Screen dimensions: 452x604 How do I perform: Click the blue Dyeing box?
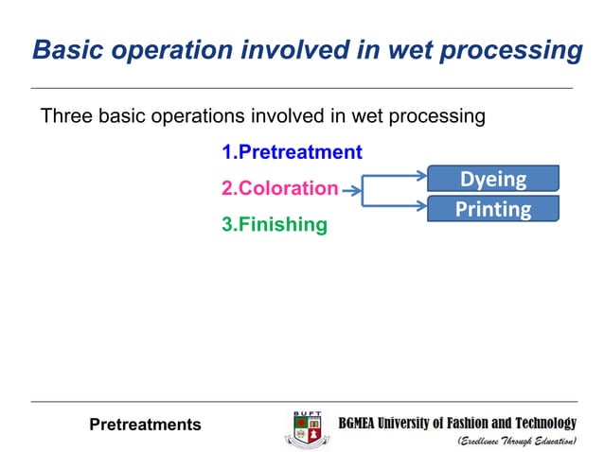point(492,179)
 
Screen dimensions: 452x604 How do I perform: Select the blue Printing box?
point(492,209)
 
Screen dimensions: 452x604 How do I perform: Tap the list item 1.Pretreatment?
point(292,151)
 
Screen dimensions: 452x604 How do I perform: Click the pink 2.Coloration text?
point(279,188)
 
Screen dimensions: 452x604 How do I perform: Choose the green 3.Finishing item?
point(275,225)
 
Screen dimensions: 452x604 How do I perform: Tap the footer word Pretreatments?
point(145,425)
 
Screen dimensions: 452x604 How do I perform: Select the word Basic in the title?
point(62,50)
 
